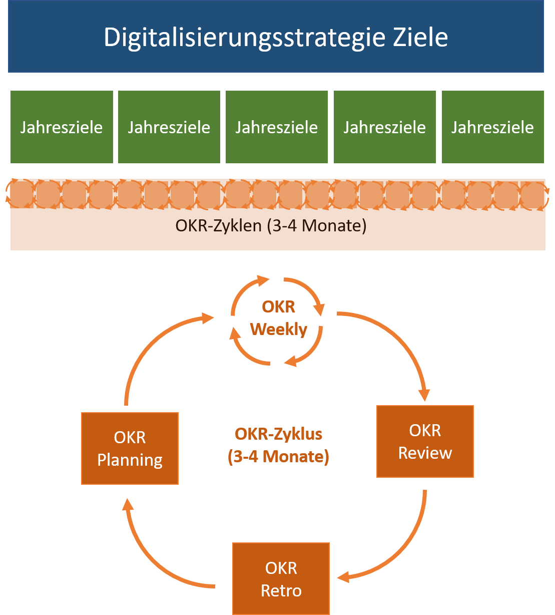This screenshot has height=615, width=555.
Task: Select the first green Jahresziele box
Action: pyautogui.click(x=62, y=127)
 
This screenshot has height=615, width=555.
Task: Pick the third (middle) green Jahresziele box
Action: pyautogui.click(x=277, y=127)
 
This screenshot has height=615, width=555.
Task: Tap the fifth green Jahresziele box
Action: pyautogui.click(x=493, y=127)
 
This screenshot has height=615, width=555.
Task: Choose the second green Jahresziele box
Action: pyautogui.click(x=169, y=127)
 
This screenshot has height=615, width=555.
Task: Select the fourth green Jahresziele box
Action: pyautogui.click(x=385, y=127)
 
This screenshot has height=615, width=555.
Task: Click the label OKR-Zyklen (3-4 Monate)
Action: pyautogui.click(x=271, y=226)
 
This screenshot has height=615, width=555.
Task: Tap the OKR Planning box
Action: pyautogui.click(x=130, y=449)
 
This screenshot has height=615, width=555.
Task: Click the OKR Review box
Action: pyautogui.click(x=425, y=441)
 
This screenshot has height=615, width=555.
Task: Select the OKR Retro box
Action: pyautogui.click(x=281, y=579)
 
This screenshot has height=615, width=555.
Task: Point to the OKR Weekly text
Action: pyautogui.click(x=279, y=319)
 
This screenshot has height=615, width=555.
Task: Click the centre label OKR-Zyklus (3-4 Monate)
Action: pyautogui.click(x=279, y=445)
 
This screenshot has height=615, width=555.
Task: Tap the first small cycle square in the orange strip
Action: pyautogui.click(x=22, y=194)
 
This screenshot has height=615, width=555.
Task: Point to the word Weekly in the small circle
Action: pyautogui.click(x=279, y=330)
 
